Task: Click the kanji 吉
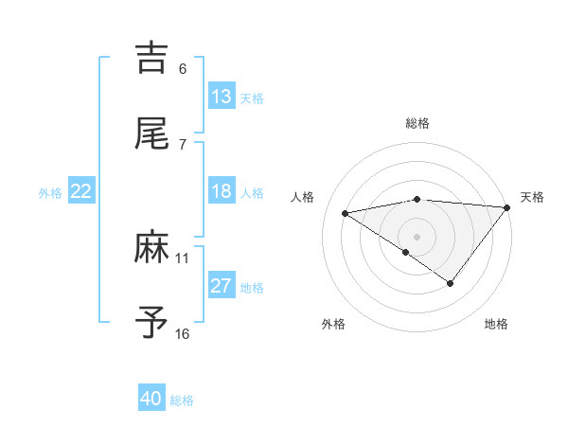pos(151,57)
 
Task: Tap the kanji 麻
pos(151,247)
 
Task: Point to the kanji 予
pos(151,323)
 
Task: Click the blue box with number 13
pos(222,97)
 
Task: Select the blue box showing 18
pos(222,191)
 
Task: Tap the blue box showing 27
pos(222,286)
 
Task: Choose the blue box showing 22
pos(81,191)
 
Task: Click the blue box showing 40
pos(151,399)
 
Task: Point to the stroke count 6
pos(183,68)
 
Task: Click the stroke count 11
pos(183,258)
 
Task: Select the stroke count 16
pos(183,333)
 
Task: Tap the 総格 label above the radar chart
pos(417,123)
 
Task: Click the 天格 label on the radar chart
pos(532,197)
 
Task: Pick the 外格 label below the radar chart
pos(332,324)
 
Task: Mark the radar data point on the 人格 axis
pos(346,212)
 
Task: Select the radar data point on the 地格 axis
pos(451,283)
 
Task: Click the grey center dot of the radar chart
pos(417,236)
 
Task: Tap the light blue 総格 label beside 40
pos(182,400)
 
